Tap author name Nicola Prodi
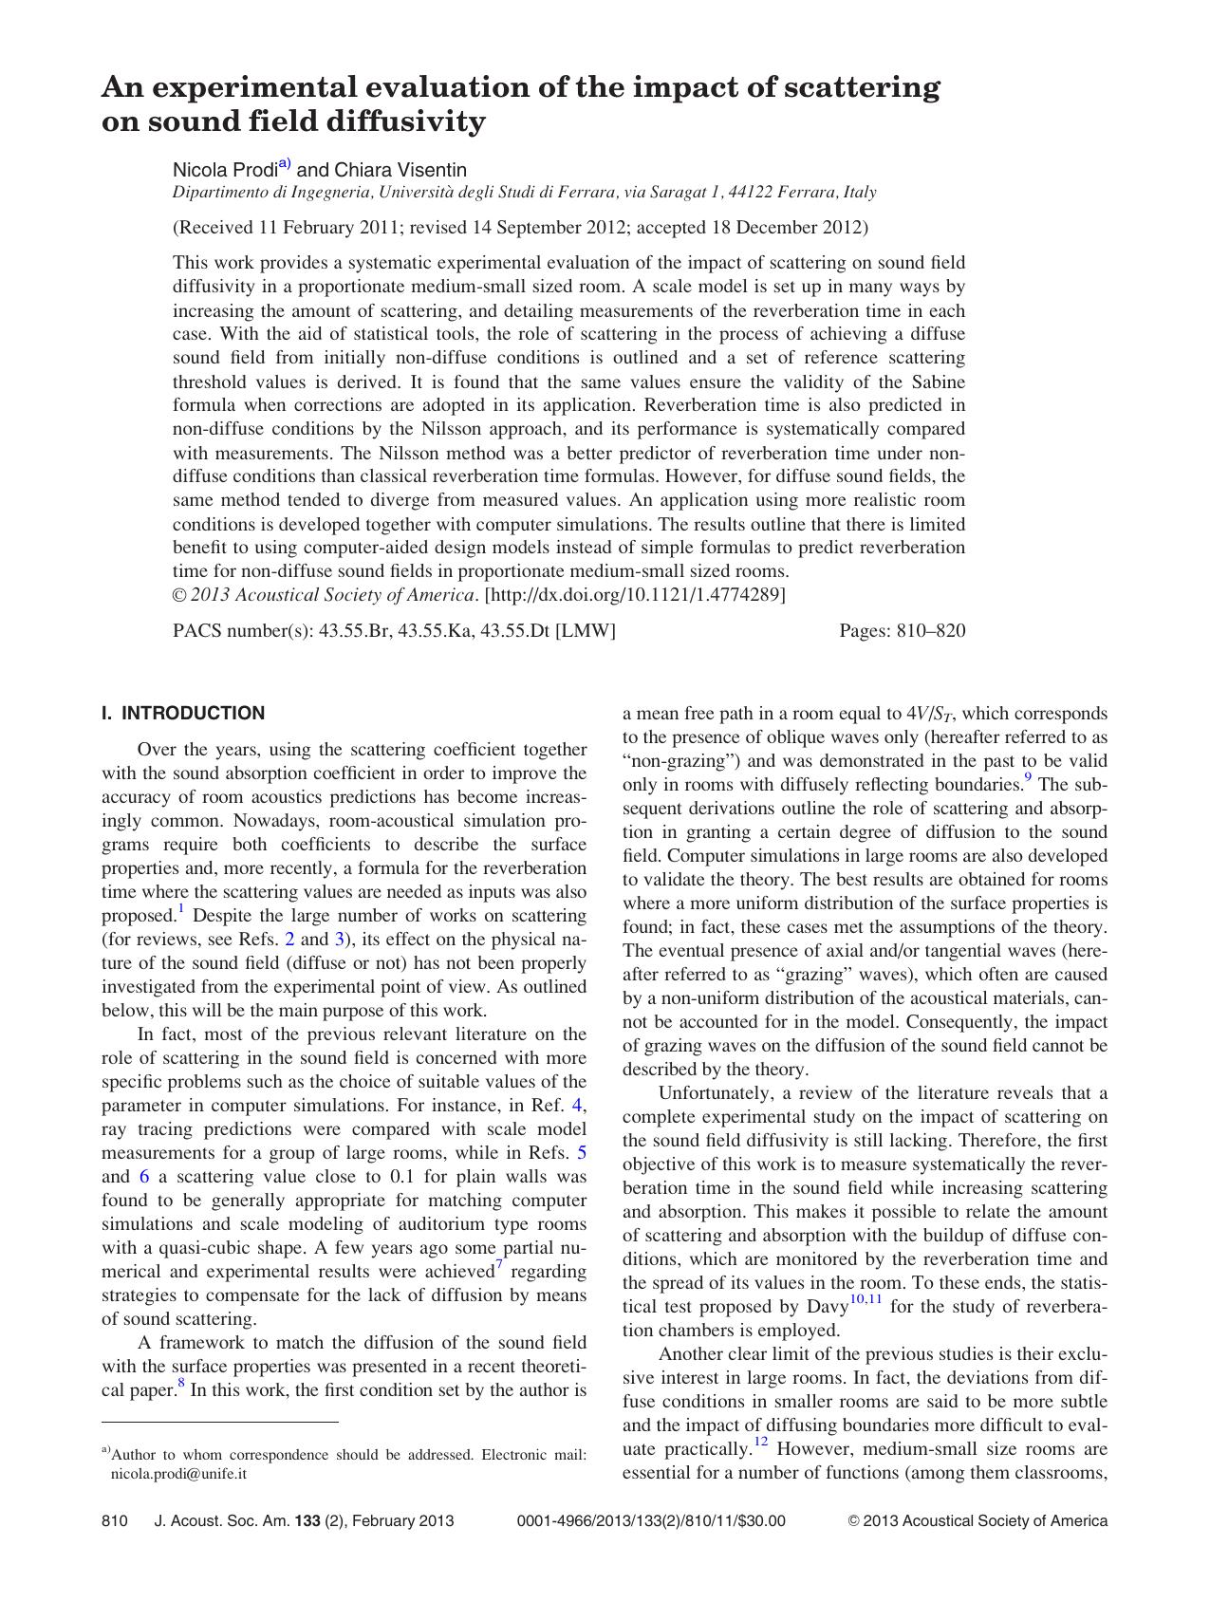coord(225,170)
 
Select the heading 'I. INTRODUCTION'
coord(183,713)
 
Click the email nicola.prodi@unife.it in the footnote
coord(179,1474)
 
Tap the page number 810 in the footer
coord(114,1520)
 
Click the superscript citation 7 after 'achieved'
coord(499,1266)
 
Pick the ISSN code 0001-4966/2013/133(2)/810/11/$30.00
coord(650,1520)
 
